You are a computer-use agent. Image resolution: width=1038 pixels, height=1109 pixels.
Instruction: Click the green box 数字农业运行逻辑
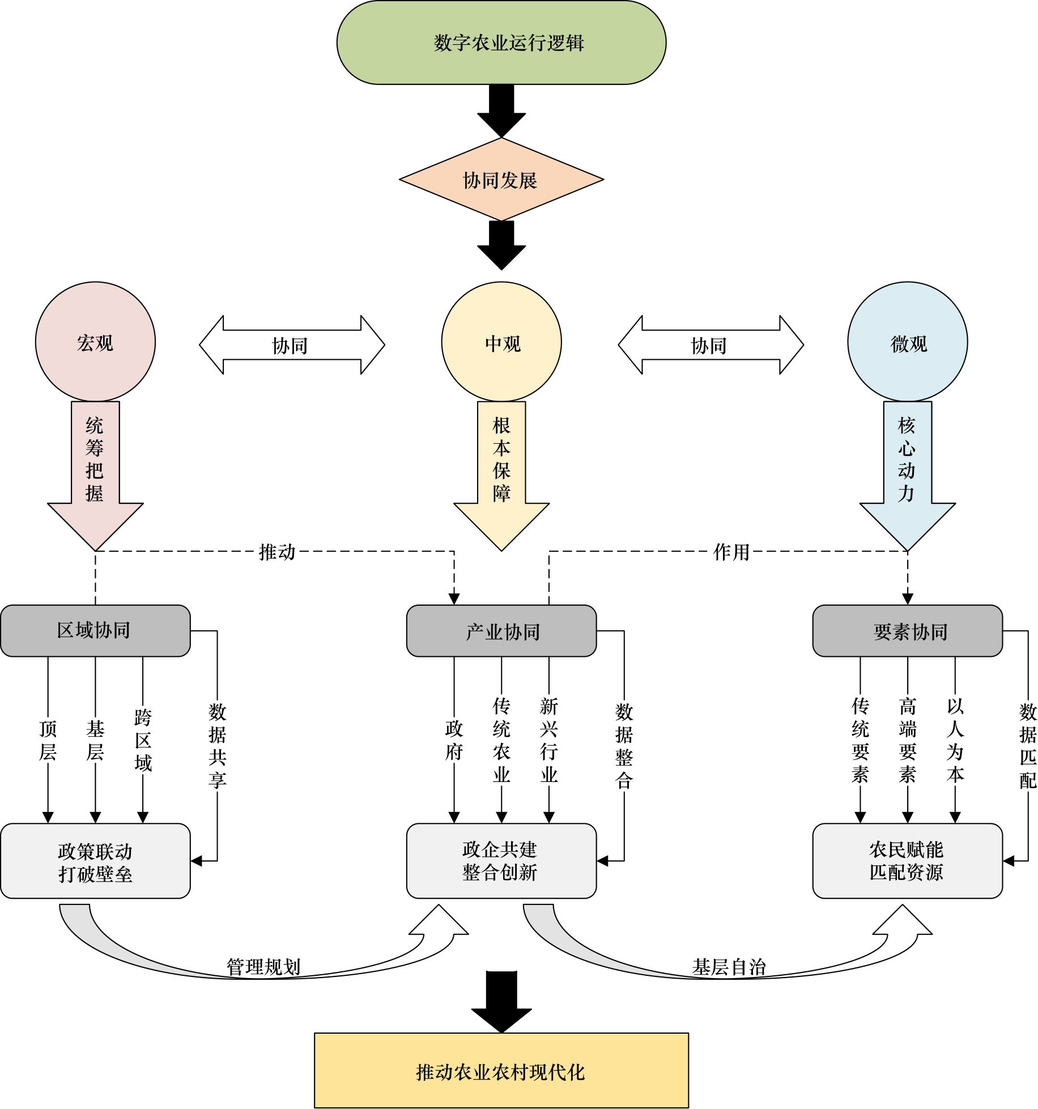pos(501,43)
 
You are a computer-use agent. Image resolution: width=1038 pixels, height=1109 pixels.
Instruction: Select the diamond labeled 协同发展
pos(501,180)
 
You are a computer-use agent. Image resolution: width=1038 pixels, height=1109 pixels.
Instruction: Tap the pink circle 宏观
pos(95,342)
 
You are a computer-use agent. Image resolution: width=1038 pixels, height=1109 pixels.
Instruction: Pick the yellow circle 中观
pos(501,342)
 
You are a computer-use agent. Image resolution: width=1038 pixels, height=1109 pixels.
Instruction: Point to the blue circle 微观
pos(907,342)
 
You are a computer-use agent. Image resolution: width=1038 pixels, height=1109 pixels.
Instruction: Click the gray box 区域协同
pos(95,631)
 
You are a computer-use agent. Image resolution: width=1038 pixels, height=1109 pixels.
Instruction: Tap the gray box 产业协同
pos(501,631)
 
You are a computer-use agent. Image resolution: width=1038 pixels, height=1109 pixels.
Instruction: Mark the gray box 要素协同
pos(907,631)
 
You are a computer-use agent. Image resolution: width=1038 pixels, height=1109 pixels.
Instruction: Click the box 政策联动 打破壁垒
pos(95,861)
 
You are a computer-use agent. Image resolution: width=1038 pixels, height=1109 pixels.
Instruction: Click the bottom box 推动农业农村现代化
pos(501,1070)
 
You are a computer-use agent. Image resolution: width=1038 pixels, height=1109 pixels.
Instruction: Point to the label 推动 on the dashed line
pos(277,551)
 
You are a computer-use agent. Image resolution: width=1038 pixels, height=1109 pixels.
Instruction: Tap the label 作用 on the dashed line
pos(731,551)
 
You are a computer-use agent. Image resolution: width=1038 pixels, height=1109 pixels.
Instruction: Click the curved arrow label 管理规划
pos(263,966)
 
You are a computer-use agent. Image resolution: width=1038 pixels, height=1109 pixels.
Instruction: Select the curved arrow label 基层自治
pos(729,966)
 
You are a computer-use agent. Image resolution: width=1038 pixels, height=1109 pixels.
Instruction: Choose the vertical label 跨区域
pos(143,740)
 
